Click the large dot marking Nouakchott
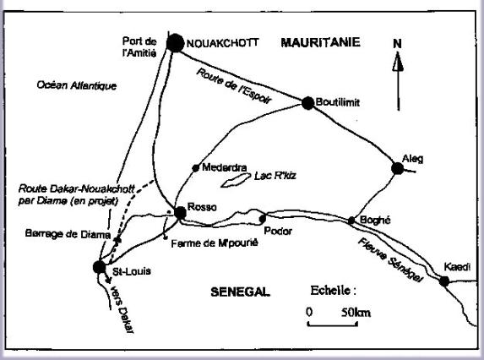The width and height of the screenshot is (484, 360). pyautogui.click(x=175, y=43)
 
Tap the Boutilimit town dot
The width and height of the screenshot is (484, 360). pyautogui.click(x=307, y=103)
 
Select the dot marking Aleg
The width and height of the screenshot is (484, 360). pyautogui.click(x=397, y=168)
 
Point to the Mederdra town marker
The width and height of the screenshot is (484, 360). pyautogui.click(x=195, y=168)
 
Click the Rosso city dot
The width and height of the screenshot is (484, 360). pyautogui.click(x=180, y=213)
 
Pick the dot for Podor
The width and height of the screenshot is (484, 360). pyautogui.click(x=263, y=219)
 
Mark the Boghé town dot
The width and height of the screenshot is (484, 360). pyautogui.click(x=351, y=221)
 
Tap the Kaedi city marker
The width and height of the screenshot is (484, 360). pyautogui.click(x=444, y=281)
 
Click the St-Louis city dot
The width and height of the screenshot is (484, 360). pyautogui.click(x=99, y=267)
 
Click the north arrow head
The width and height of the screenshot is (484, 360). pyautogui.click(x=398, y=62)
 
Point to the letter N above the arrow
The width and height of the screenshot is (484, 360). pyautogui.click(x=397, y=44)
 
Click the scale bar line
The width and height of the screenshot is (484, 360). pyautogui.click(x=333, y=325)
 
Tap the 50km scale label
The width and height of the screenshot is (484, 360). pyautogui.click(x=356, y=313)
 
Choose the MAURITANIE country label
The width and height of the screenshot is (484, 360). pyautogui.click(x=320, y=42)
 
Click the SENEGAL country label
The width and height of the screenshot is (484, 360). pyautogui.click(x=240, y=292)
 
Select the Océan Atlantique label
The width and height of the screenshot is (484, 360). pyautogui.click(x=77, y=85)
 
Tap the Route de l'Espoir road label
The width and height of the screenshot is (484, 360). pyautogui.click(x=234, y=86)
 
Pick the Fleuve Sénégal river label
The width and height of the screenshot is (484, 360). pyautogui.click(x=389, y=260)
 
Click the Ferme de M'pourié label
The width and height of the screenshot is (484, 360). pyautogui.click(x=215, y=243)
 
